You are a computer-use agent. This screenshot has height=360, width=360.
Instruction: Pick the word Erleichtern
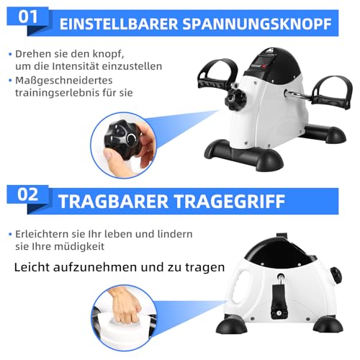(42, 235)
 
